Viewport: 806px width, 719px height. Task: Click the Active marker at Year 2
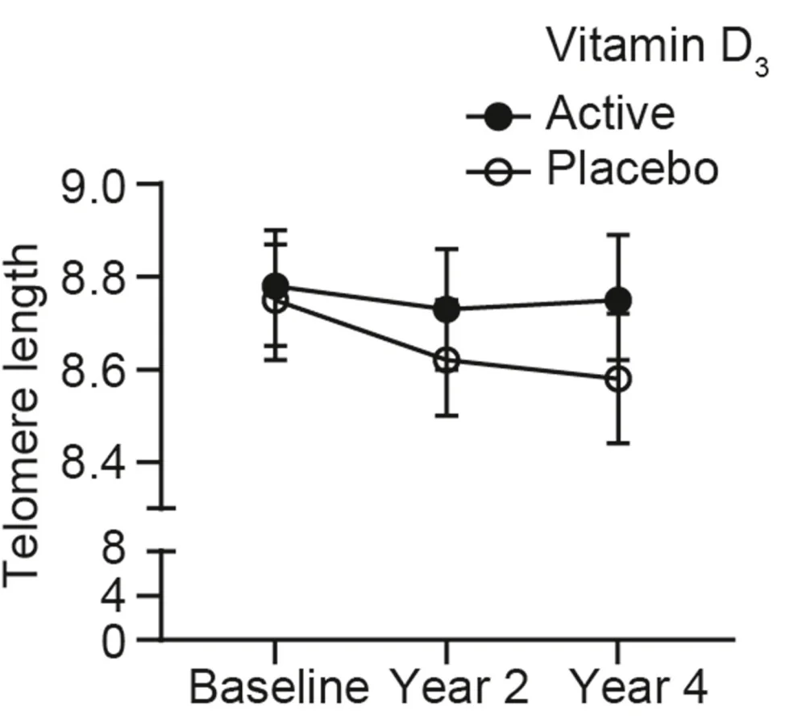coord(447,309)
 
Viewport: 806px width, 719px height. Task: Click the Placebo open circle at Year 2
coord(447,360)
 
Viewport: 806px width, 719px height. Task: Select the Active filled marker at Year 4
coord(617,301)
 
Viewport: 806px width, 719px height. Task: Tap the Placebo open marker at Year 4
coord(617,379)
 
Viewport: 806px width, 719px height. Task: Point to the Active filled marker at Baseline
coord(276,285)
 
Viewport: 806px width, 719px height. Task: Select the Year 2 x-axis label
coord(462,688)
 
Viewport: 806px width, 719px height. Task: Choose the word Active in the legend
coord(609,114)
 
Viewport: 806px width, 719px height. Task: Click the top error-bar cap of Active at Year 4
coord(617,235)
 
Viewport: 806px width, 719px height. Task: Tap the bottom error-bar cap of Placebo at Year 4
coord(617,443)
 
